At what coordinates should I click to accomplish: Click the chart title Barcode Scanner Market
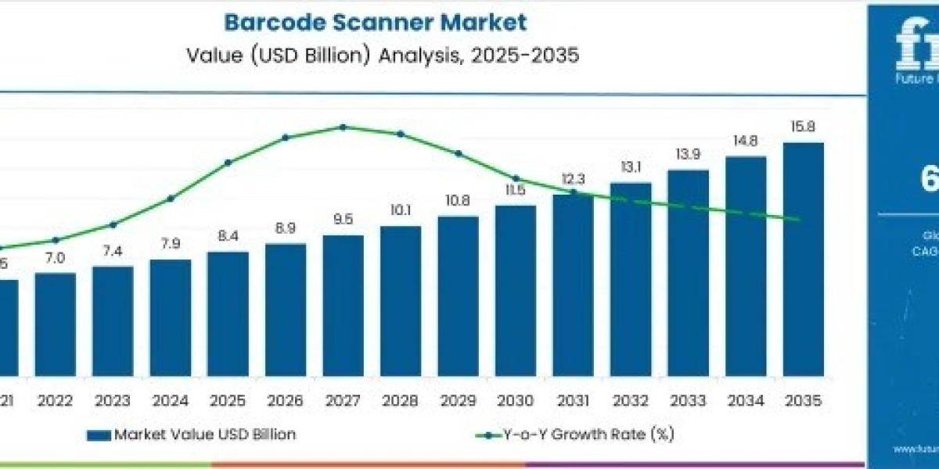coord(376,22)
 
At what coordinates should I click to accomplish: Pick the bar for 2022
coord(56,324)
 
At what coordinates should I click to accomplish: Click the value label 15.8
coord(803,127)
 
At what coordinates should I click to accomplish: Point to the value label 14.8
coord(746,141)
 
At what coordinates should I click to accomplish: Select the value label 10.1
coord(401,210)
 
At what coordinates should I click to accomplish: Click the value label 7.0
coord(56,257)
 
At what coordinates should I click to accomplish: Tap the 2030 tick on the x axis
coord(516,400)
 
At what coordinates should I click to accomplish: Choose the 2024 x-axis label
coord(171,400)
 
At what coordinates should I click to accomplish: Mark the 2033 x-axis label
coord(688,400)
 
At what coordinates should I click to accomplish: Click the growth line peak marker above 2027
coord(343,127)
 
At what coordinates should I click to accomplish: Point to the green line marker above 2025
coord(228,163)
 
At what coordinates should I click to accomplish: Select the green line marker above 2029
coord(459,153)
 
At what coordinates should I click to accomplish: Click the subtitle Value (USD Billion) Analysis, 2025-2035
coord(383,56)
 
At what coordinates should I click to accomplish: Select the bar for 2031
coord(573,285)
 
